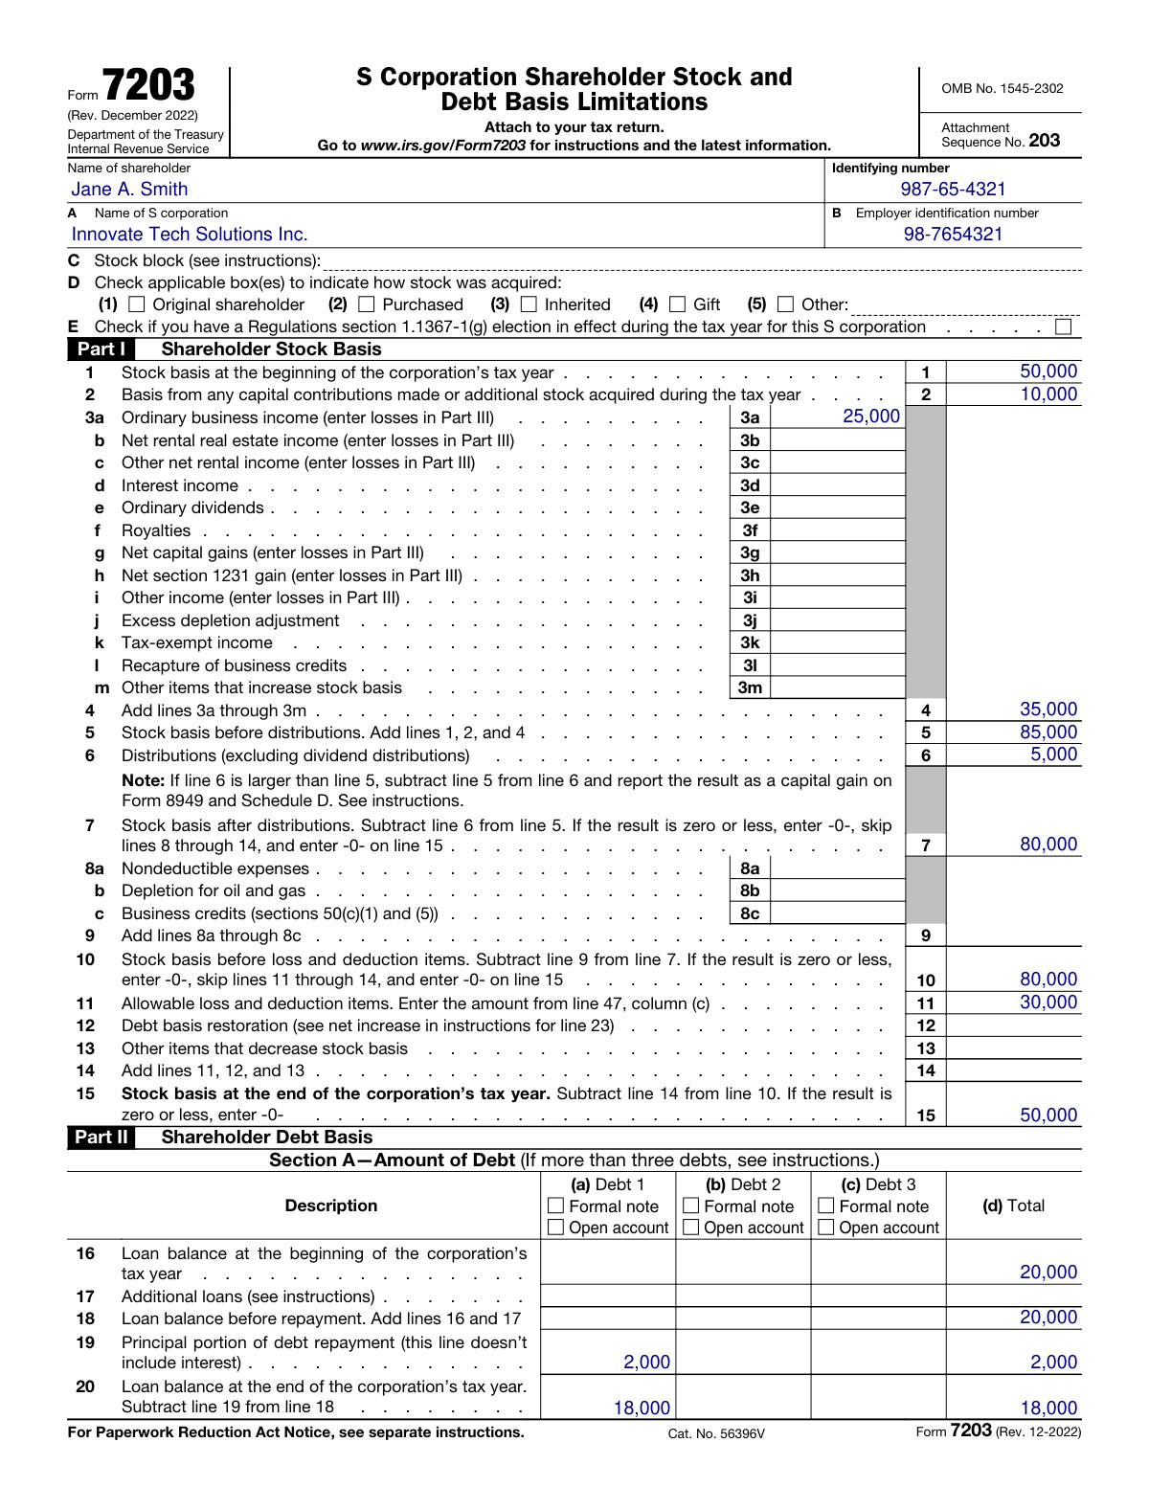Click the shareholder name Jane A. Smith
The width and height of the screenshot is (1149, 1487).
click(x=129, y=190)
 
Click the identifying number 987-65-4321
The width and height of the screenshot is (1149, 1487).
click(x=953, y=190)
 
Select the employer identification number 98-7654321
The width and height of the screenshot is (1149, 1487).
click(x=953, y=235)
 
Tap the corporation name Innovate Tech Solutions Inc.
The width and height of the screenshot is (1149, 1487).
click(x=190, y=235)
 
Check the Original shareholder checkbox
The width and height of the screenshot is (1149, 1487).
click(x=136, y=304)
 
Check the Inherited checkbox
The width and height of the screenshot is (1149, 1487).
click(x=529, y=304)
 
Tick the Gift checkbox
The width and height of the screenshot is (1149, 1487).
click(x=678, y=304)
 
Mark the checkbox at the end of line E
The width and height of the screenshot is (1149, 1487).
click(x=1063, y=327)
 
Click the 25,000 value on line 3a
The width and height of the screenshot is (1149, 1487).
click(x=870, y=417)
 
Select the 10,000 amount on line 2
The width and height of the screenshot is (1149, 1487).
click(x=1048, y=394)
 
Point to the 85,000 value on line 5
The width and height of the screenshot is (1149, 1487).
click(x=1048, y=732)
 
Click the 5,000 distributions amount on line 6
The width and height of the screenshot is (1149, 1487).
click(x=1053, y=755)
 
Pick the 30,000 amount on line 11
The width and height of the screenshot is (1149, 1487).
click(x=1048, y=1003)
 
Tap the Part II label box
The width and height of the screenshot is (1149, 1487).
click(x=101, y=1138)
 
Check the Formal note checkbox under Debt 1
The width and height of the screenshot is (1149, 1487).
click(x=555, y=1206)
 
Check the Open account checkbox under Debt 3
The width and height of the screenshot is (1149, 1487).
click(x=826, y=1228)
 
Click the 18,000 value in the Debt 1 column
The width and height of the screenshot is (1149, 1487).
click(x=642, y=1408)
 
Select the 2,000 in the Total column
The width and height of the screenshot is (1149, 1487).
click(x=1053, y=1363)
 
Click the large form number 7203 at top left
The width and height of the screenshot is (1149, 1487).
click(x=148, y=86)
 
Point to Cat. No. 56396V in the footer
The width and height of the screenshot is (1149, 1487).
click(x=716, y=1433)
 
